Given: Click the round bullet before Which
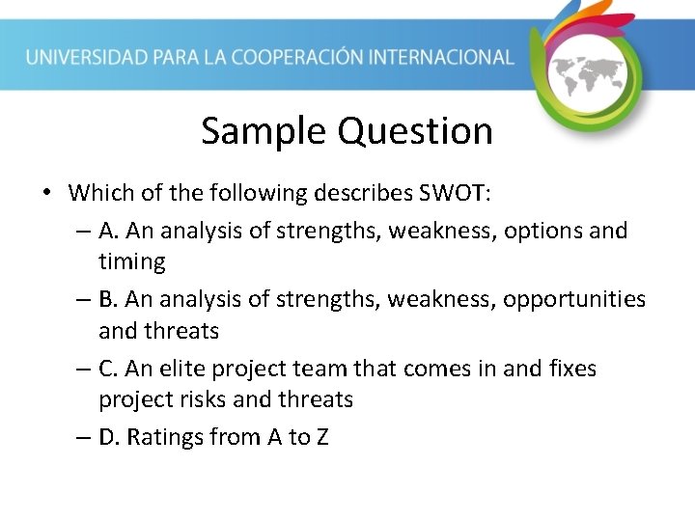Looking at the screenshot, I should click(46, 193).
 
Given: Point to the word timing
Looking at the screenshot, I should click(132, 261).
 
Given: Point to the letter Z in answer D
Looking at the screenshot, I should click(321, 437).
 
